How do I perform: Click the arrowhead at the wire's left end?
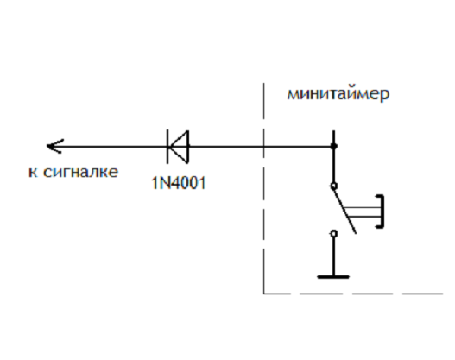(54, 146)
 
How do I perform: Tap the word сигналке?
(80, 172)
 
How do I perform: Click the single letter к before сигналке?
(33, 173)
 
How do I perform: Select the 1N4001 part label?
(179, 183)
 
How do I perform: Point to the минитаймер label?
(338, 94)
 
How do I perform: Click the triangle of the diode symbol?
(179, 147)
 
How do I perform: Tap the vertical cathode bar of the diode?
(167, 147)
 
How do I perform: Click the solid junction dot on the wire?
(334, 146)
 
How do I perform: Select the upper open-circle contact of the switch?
(334, 186)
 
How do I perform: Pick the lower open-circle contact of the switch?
(334, 233)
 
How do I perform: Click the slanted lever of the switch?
(344, 210)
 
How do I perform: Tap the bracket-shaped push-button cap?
(382, 212)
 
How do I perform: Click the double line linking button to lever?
(363, 212)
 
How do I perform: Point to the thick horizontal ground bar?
(333, 277)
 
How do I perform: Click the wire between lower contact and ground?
(334, 256)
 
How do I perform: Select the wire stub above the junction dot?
(334, 136)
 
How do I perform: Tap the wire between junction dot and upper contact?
(334, 166)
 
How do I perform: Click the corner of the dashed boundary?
(264, 294)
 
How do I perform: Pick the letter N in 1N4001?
(162, 183)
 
